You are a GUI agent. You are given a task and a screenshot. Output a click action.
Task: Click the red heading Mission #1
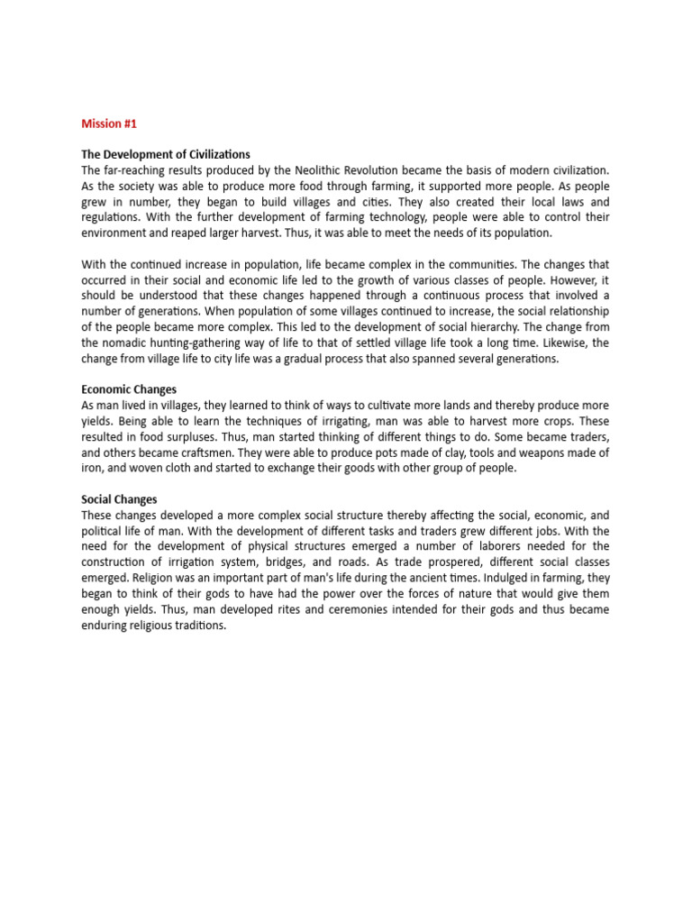pyautogui.click(x=110, y=123)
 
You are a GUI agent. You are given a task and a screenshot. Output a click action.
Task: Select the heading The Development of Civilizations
pyautogui.click(x=166, y=154)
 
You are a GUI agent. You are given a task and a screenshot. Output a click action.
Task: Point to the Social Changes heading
pyautogui.click(x=119, y=498)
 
